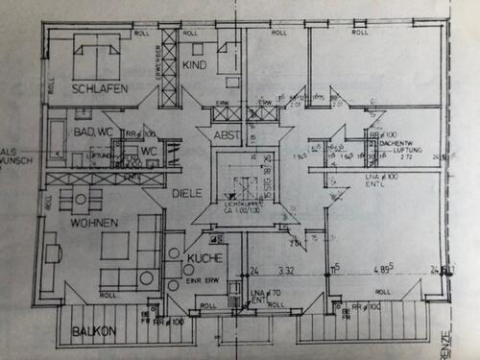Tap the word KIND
point(193,65)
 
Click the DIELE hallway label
point(186,193)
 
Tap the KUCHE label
point(205,259)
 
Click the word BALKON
point(94,332)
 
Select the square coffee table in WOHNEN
point(114,247)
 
